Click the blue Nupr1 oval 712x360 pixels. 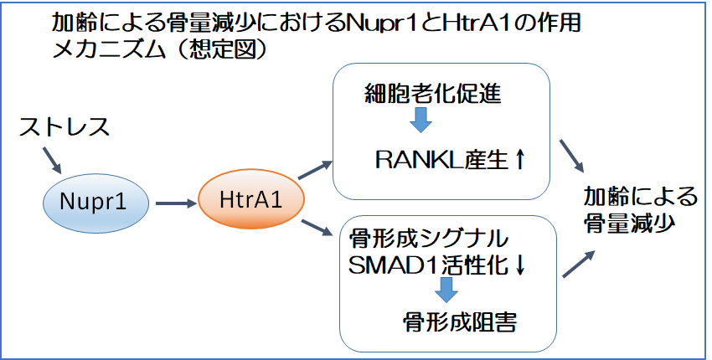click(95, 203)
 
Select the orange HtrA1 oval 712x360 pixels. click(251, 199)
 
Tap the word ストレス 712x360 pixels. click(64, 127)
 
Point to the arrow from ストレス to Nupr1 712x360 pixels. click(51, 159)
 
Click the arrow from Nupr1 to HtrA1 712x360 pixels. click(175, 203)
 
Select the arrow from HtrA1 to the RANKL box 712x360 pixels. click(315, 170)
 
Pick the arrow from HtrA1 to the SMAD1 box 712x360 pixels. click(316, 227)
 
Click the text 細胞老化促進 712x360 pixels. click(433, 94)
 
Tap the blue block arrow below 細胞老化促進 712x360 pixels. click(420, 120)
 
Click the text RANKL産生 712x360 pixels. click(441, 160)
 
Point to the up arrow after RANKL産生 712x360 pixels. click(519, 160)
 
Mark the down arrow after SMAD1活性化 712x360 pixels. click(519, 265)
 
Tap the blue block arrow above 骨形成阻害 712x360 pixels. click(446, 290)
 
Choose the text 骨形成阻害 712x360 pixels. click(460, 322)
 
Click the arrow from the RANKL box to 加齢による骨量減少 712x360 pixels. click(570, 155)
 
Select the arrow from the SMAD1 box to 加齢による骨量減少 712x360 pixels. click(579, 264)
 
